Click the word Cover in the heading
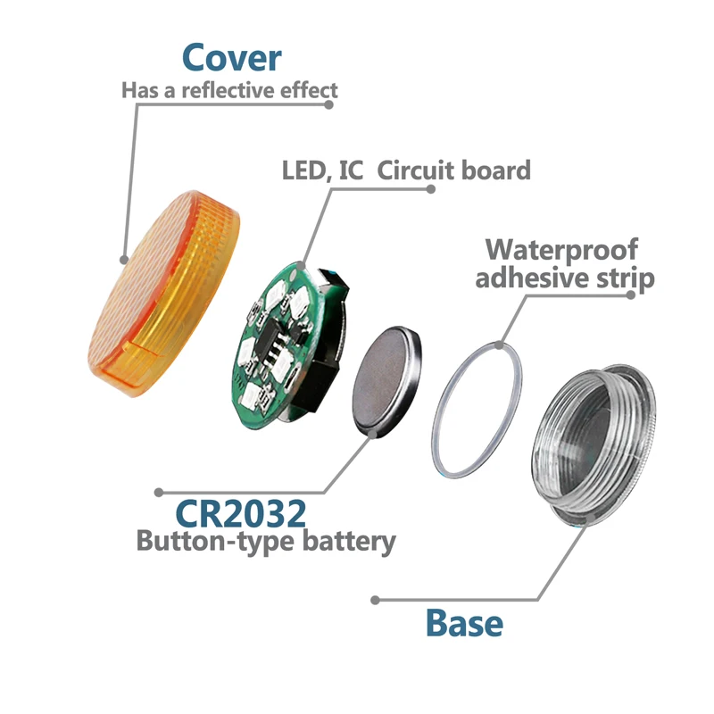coord(231,57)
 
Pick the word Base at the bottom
coord(464,622)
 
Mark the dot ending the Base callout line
coord(376,600)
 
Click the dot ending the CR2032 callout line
coord(159,492)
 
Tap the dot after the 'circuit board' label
coord(432,189)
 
